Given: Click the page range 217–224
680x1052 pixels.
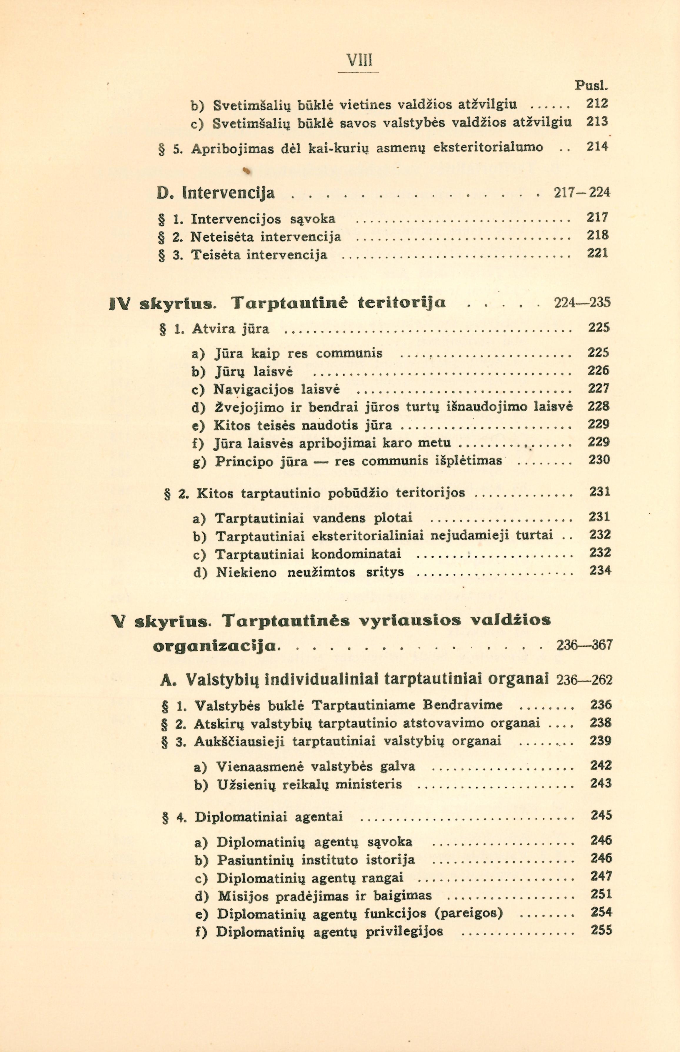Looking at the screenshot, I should click(x=582, y=193).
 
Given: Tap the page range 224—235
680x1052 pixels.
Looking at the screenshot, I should click(x=582, y=302).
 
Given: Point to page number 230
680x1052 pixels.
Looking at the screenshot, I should click(x=599, y=460).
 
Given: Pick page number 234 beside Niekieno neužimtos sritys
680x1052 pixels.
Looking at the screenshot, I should click(x=600, y=571).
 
